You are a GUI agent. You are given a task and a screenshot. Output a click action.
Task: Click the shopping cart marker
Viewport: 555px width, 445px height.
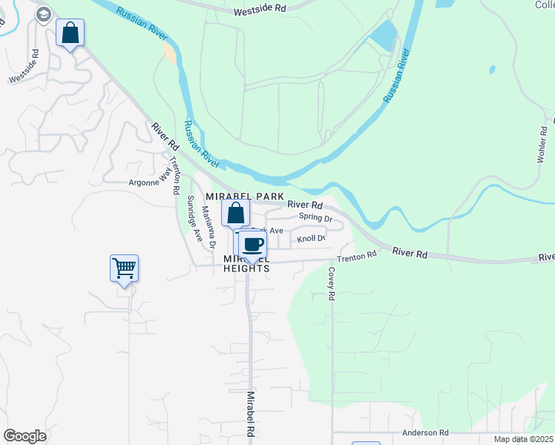click(x=124, y=268)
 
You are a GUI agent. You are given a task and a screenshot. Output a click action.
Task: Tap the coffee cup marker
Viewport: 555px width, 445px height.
click(x=253, y=244)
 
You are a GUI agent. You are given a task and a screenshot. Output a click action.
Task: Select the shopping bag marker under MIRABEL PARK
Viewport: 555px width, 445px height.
click(x=235, y=214)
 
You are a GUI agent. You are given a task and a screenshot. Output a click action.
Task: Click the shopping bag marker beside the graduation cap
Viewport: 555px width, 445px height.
click(x=70, y=33)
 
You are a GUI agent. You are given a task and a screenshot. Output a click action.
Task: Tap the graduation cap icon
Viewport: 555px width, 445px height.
click(x=44, y=14)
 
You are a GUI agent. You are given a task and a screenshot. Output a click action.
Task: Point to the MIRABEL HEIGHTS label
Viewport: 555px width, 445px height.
click(x=246, y=267)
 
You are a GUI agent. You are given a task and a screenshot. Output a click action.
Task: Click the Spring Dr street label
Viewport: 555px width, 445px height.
click(x=315, y=217)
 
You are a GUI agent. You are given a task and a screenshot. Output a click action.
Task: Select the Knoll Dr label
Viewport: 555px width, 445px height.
click(x=312, y=238)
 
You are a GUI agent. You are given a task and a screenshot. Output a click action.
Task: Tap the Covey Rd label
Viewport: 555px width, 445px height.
click(x=332, y=283)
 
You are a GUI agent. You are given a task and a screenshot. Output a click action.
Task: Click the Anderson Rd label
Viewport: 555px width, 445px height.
click(x=426, y=432)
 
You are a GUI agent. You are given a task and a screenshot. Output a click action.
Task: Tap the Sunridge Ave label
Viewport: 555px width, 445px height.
click(x=194, y=218)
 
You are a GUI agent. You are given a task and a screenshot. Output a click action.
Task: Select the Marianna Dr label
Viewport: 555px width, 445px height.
click(x=208, y=227)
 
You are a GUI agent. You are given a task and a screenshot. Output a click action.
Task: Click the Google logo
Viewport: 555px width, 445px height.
click(x=24, y=436)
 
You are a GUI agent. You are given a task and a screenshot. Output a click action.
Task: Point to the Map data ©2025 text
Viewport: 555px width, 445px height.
click(x=523, y=439)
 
